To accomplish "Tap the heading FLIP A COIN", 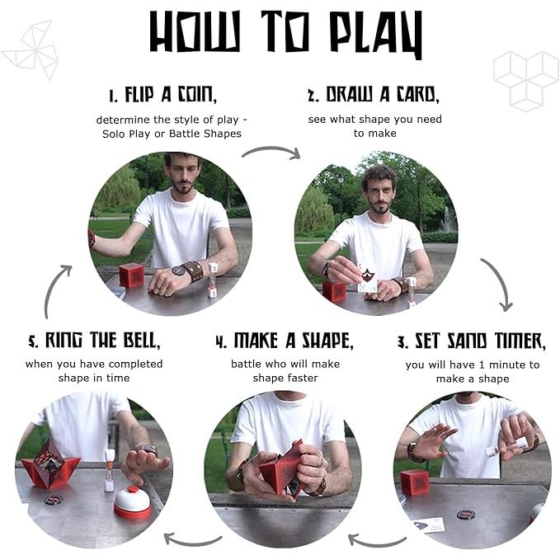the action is tap(162, 95).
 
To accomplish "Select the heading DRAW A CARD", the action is tap(374, 95).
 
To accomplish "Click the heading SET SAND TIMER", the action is tap(472, 341).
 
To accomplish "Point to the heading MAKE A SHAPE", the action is tap(285, 341).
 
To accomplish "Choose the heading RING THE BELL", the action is tap(94, 341).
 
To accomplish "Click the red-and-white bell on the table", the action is tap(133, 501).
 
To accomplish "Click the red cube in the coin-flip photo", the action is tap(131, 275).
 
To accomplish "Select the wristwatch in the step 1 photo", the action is tap(178, 271).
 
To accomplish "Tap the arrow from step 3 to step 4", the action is tap(377, 540).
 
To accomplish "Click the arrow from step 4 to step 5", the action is tap(193, 540).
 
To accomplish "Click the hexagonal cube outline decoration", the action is tap(526, 81).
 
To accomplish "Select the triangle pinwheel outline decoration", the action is tap(31, 49).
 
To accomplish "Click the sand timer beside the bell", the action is tap(109, 470).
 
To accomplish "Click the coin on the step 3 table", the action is tap(467, 515).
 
